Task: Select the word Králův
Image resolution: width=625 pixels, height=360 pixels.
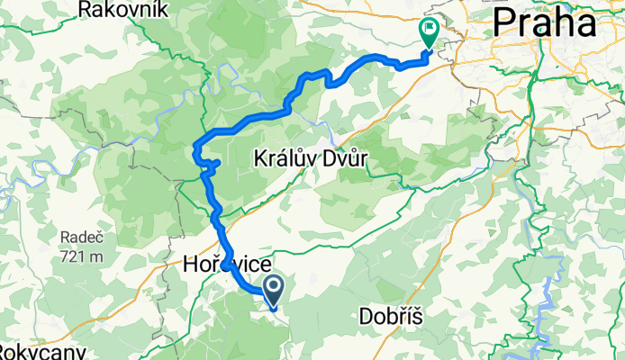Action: (x=280, y=157)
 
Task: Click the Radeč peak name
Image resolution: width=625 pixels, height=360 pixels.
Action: (x=81, y=237)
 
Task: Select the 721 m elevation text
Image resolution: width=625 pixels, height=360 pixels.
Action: (x=81, y=256)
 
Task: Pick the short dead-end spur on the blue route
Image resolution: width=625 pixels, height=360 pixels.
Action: (x=216, y=163)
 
